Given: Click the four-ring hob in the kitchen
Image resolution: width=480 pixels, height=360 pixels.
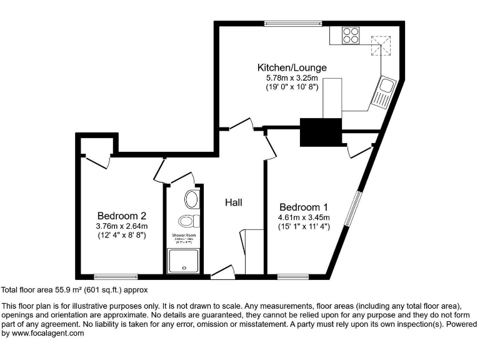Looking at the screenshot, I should [351, 35].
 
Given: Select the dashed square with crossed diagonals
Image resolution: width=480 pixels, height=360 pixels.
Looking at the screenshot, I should [379, 46].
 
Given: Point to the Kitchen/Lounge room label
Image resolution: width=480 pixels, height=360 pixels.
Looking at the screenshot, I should [292, 67].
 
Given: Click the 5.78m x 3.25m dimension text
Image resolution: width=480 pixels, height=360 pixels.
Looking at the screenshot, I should [292, 77].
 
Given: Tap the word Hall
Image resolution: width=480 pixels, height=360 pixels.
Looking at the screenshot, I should [234, 202].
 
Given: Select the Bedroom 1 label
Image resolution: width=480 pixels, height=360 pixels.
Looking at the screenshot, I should [303, 207].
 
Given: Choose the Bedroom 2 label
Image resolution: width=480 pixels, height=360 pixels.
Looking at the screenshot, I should [121, 216].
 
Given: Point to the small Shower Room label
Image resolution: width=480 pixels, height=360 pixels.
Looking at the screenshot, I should [184, 236].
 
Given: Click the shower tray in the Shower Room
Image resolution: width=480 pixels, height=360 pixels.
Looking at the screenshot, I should [184, 261].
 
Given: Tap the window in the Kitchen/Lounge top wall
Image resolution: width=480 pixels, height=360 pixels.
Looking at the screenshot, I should [293, 24].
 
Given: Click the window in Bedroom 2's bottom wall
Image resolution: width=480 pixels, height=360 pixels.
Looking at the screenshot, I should [116, 276].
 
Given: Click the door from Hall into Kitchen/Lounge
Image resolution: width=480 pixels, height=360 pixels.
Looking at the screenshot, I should [241, 125].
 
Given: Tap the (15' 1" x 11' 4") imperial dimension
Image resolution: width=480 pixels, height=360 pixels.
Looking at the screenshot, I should [304, 227].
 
